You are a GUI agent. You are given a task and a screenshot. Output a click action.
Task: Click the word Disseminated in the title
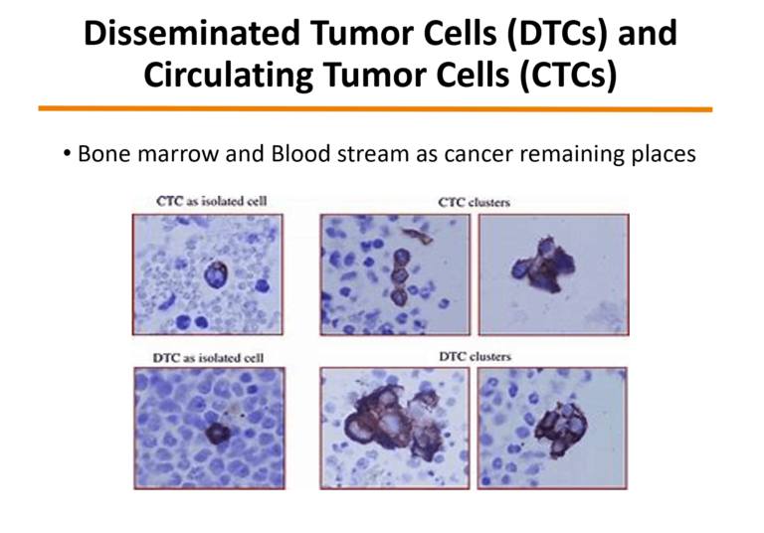point(192,33)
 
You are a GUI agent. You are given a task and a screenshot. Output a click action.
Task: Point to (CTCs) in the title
point(568,76)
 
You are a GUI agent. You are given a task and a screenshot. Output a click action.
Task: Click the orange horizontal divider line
point(375,108)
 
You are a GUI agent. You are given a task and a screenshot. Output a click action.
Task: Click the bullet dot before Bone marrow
point(67,154)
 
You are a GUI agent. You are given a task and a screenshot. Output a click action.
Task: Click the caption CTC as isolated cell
point(212,201)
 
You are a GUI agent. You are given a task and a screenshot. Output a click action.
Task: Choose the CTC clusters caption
point(475,202)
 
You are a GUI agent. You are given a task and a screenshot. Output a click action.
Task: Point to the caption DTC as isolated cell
point(208,358)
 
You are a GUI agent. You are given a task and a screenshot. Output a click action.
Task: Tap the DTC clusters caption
point(476,357)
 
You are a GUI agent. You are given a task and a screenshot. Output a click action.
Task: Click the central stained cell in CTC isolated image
point(215,273)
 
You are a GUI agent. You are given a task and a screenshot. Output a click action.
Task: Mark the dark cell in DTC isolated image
point(217,434)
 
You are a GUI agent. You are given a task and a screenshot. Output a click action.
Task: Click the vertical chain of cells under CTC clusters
point(401,276)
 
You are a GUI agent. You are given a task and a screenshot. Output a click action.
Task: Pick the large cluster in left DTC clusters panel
point(395,420)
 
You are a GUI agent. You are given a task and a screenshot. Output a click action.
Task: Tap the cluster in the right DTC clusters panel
point(561,428)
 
